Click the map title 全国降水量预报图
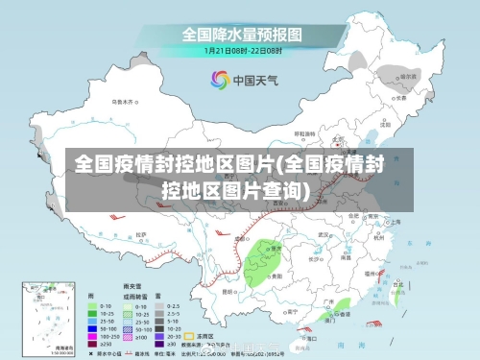click(x=242, y=34)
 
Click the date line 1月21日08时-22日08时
click(x=242, y=49)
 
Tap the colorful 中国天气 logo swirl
click(x=220, y=79)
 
